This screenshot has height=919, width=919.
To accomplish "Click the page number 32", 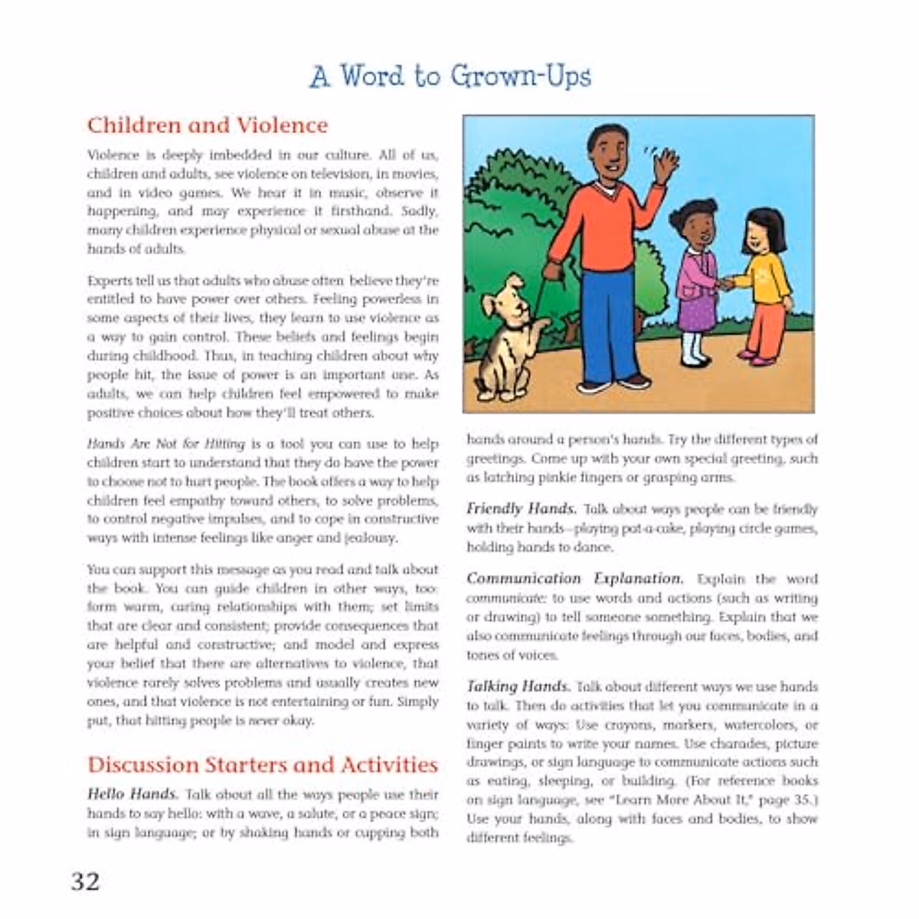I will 86,881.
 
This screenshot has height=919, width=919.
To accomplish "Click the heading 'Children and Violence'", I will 207,125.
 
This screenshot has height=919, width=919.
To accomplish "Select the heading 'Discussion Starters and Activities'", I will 262,764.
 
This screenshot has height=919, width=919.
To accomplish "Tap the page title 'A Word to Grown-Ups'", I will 450,77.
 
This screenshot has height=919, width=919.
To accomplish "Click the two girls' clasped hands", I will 726,284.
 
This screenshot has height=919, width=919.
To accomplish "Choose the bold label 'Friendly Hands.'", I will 522,509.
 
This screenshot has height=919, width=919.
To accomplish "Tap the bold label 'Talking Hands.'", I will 518,687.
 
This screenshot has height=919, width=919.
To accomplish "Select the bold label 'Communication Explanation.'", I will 574,579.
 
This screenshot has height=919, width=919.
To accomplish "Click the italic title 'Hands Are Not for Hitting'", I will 165,444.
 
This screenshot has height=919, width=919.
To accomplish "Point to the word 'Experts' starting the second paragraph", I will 111,280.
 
